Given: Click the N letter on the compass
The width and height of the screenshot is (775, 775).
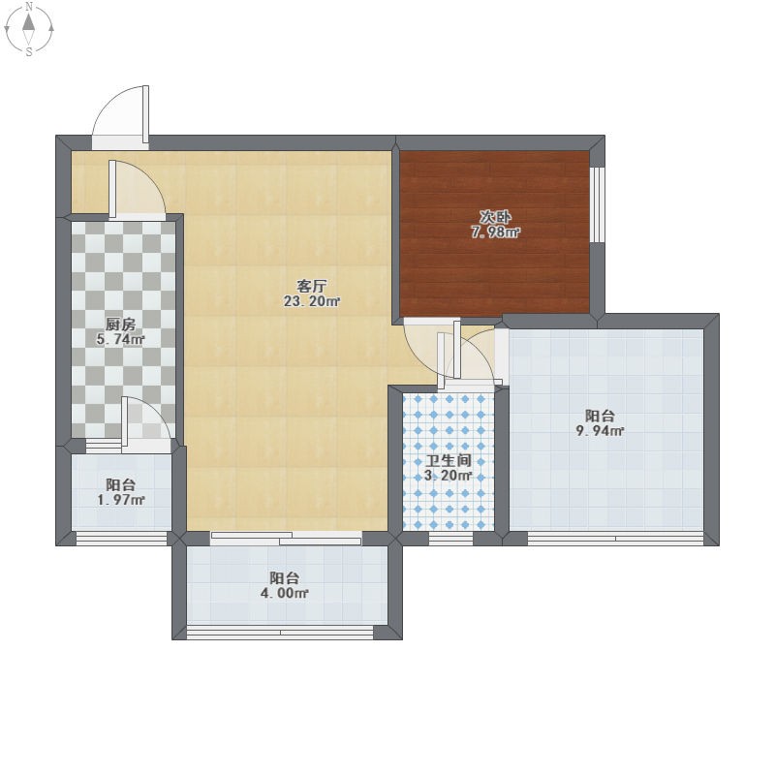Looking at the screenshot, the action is pos(29,7).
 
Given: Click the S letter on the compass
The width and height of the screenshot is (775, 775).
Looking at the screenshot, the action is pos(29,51).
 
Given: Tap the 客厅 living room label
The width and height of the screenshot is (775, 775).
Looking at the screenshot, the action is pos(312,286).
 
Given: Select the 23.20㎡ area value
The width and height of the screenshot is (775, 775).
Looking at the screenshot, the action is pos(312,301).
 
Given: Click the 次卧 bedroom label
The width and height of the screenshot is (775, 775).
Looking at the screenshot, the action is pos(495,217).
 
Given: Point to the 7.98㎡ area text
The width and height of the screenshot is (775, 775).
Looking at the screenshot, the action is pos(495,232).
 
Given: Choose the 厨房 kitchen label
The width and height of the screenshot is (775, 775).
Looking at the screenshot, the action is pos(120,325).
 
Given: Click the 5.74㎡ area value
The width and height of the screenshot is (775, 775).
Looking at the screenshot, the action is pos(120,339).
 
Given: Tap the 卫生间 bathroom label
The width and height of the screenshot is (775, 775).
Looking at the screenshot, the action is pos(449,461).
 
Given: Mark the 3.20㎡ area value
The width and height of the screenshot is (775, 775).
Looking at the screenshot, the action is pos(449,476).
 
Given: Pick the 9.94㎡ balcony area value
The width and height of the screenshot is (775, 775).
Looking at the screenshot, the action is pos(600,430).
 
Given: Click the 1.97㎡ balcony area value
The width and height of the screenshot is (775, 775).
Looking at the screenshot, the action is pos(120,500).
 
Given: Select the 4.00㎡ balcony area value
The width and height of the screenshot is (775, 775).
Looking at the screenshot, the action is pos(284,593).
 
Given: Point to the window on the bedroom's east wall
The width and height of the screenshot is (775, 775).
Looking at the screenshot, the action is pos(597,204).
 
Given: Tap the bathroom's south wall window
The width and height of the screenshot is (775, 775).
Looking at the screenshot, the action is pos(450,539).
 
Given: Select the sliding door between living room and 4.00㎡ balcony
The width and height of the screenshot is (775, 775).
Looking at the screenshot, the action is pos(286,539).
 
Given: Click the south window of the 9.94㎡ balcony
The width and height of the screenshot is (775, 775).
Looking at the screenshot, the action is pos(615,539).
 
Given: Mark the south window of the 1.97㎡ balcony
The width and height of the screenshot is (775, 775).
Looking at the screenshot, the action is pos(122,539).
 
